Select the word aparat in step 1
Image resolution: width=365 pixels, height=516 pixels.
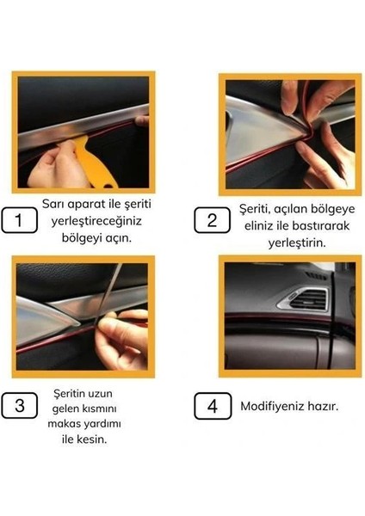coord(87,205)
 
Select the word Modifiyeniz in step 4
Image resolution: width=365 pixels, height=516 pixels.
coord(273,405)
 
